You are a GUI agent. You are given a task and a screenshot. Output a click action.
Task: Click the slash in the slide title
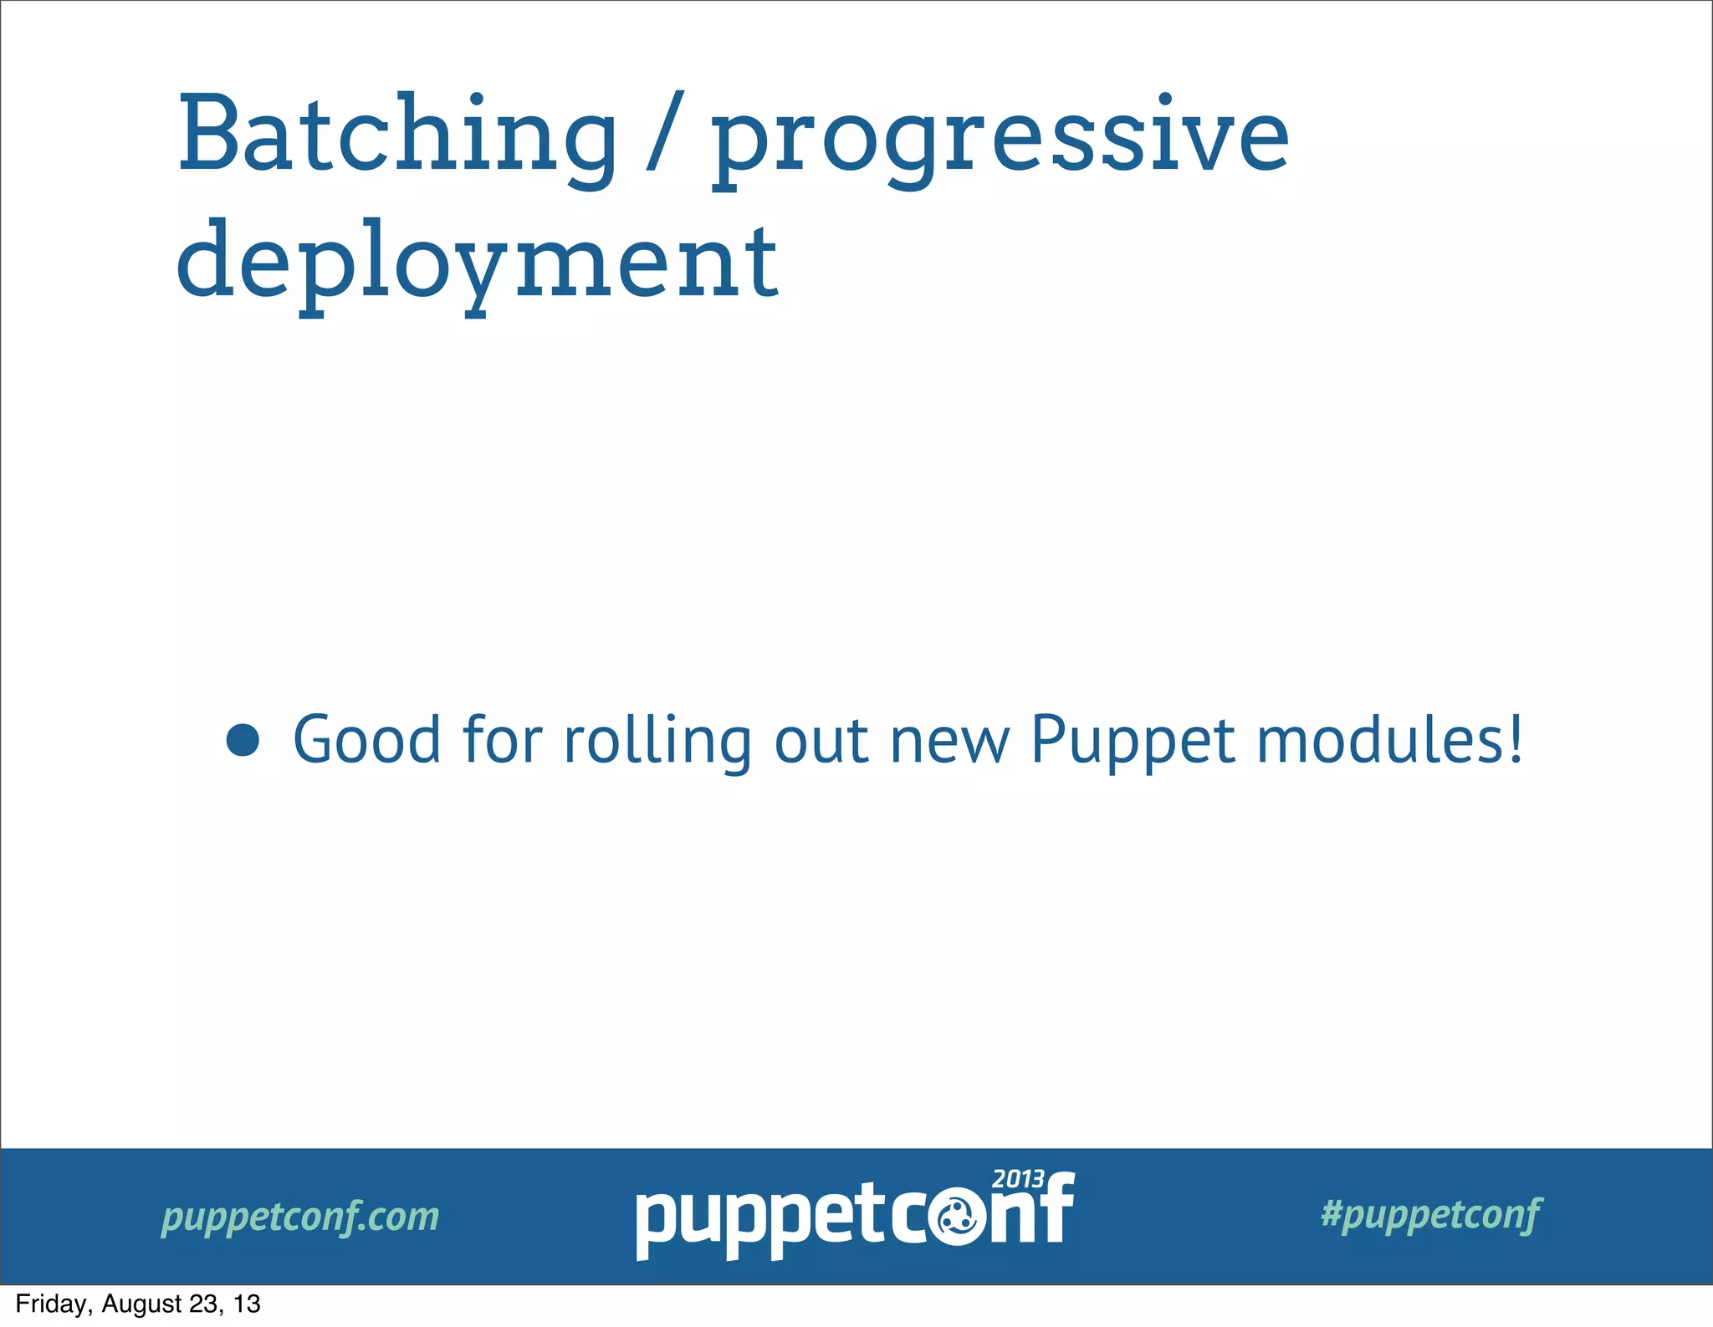pos(665,134)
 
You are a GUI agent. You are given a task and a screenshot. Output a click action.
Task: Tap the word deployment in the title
pos(477,263)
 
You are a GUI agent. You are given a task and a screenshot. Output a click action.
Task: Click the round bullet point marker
pos(243,740)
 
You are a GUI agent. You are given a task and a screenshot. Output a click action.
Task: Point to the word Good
pos(366,740)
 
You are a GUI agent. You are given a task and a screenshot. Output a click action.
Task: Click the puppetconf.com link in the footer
pos(299,1217)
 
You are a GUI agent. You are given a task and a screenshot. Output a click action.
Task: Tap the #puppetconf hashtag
pos(1430,1214)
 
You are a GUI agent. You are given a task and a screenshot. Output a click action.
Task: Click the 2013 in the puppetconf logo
pos(1017,1179)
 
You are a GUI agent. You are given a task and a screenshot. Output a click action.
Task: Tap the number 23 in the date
pos(206,1304)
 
